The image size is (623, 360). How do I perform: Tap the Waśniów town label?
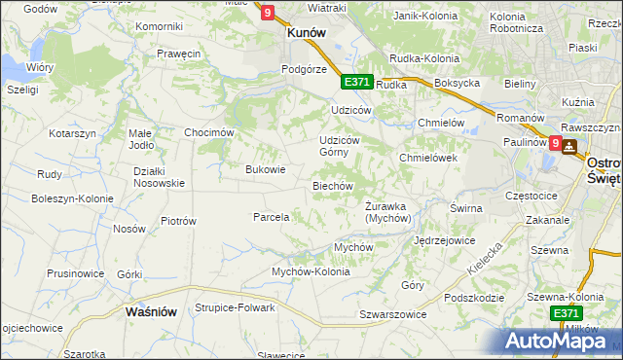coord(151,312)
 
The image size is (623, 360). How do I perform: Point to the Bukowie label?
coord(265,169)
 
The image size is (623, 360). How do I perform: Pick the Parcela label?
coord(272,217)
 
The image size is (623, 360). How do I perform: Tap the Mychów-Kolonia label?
coord(311,271)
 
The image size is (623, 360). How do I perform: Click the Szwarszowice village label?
coord(393,314)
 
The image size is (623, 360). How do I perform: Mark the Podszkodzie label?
coord(473,298)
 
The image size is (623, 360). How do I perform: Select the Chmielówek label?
coord(428,158)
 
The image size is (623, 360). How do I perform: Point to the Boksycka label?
coord(458,84)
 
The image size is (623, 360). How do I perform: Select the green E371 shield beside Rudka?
coord(356,83)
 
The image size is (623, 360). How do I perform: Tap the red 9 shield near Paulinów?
coord(555,143)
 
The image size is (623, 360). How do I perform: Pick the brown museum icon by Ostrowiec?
coord(568,146)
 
